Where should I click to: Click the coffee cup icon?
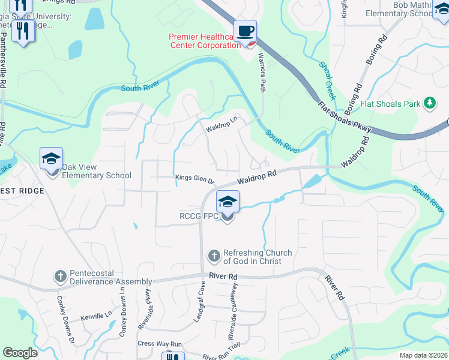(245, 31)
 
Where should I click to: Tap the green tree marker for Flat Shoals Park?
(429, 104)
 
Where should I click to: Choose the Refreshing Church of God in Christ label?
(258, 257)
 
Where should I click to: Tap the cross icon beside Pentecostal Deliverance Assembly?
(60, 277)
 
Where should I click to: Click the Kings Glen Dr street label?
(194, 178)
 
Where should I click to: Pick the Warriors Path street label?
(261, 72)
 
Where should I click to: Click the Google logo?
(20, 353)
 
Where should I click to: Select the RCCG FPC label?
(199, 217)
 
